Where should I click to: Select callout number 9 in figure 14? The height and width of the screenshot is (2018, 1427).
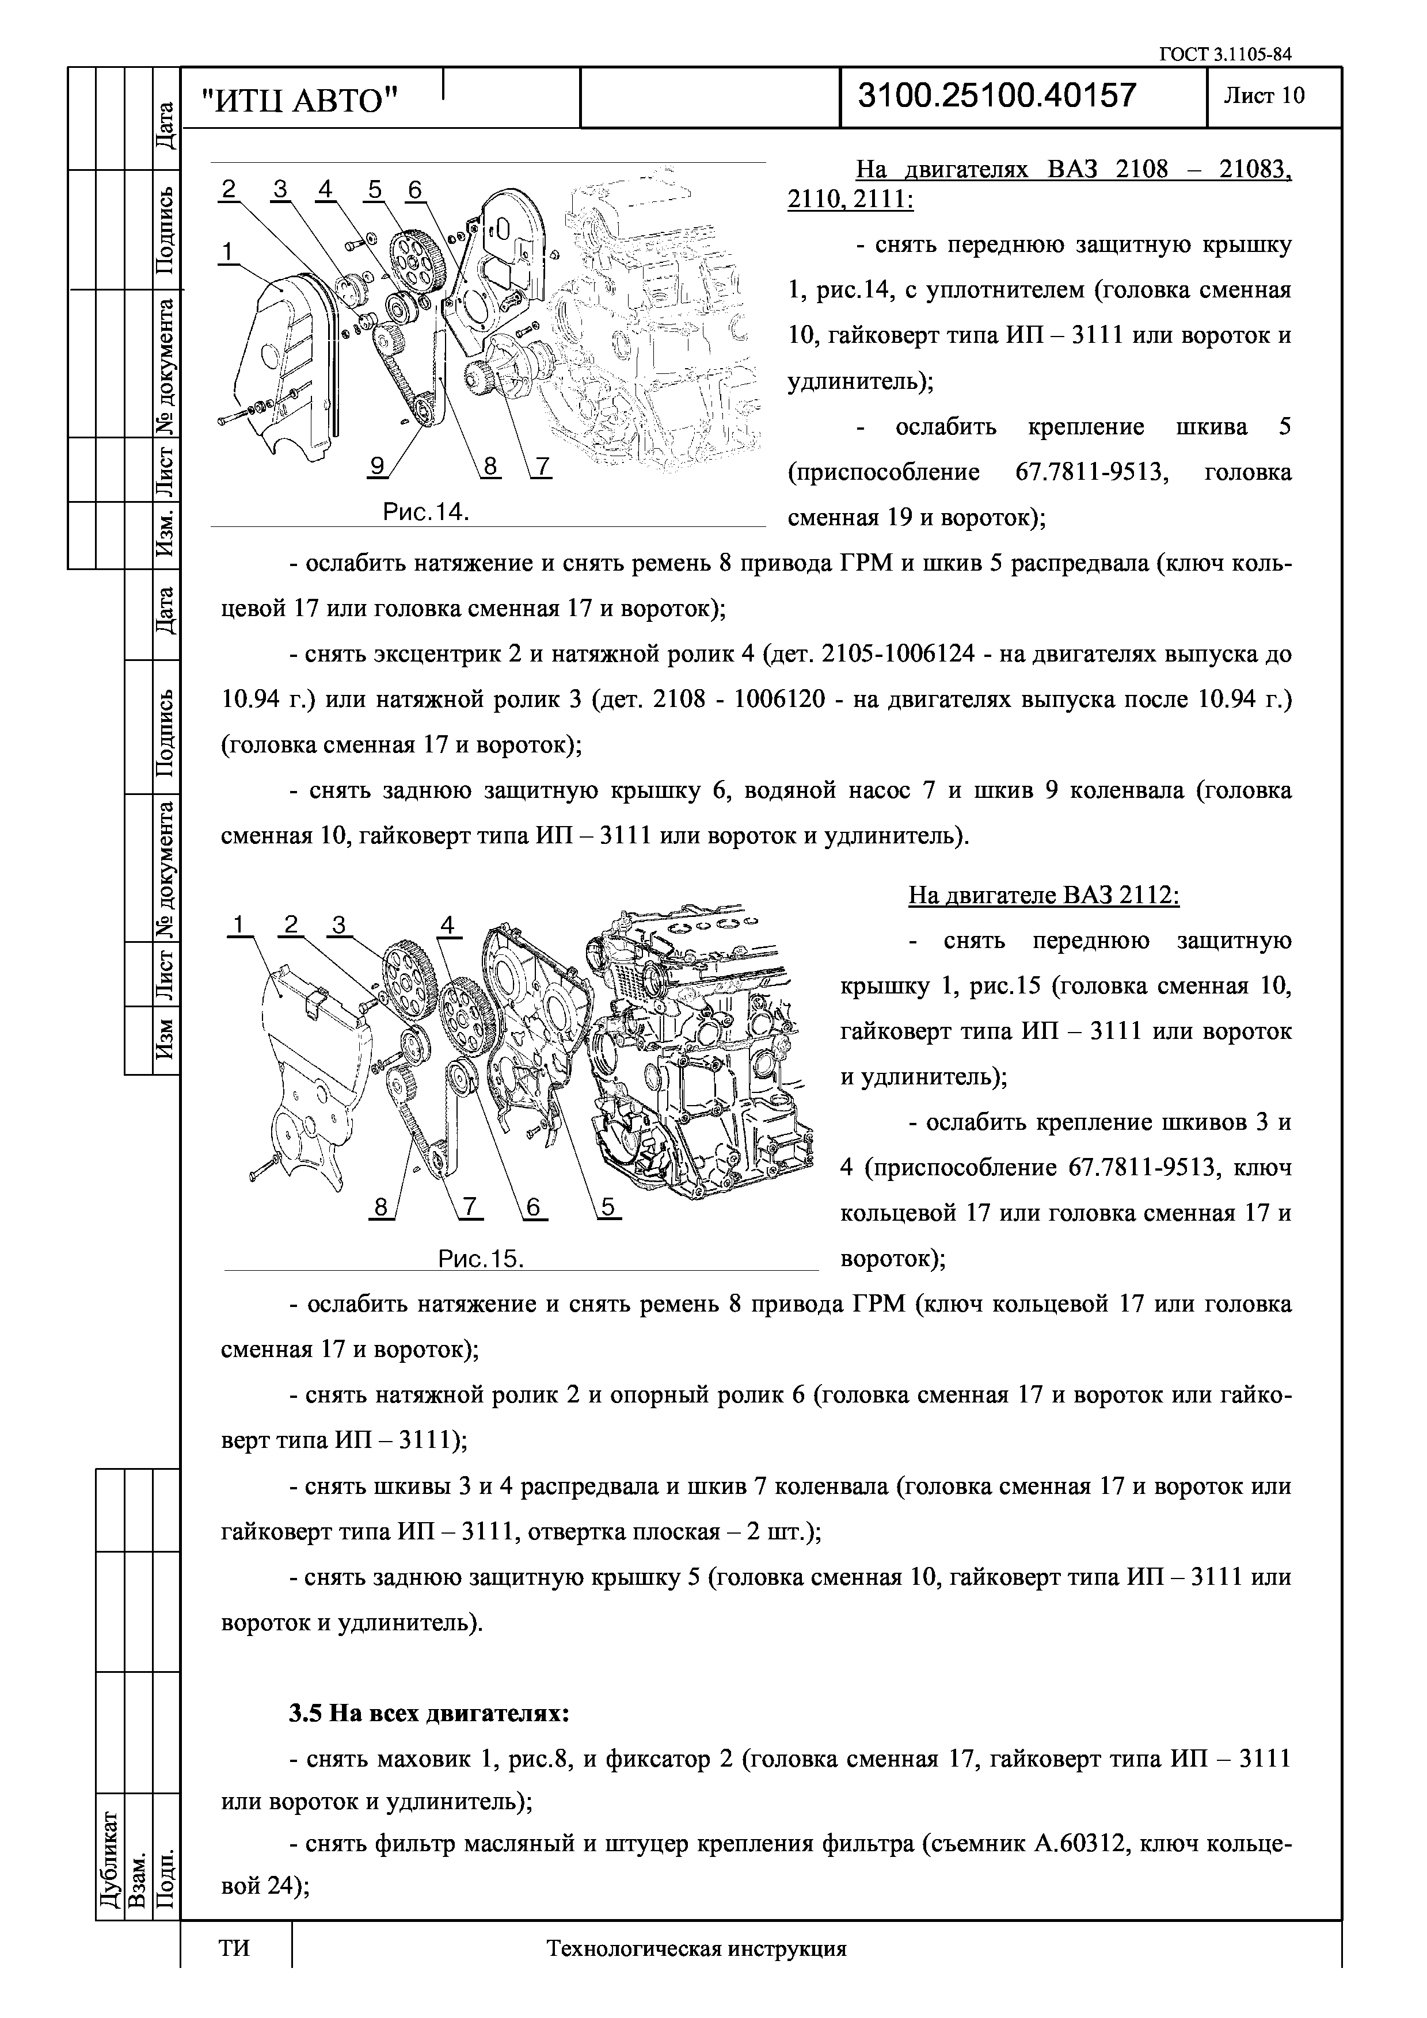click(376, 467)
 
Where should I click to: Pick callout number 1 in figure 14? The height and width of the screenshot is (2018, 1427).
click(228, 252)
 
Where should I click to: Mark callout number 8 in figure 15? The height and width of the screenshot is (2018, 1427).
click(380, 1207)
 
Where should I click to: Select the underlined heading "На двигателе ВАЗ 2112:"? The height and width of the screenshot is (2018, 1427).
click(1044, 896)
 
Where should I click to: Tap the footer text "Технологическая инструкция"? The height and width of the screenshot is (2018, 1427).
click(697, 1974)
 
